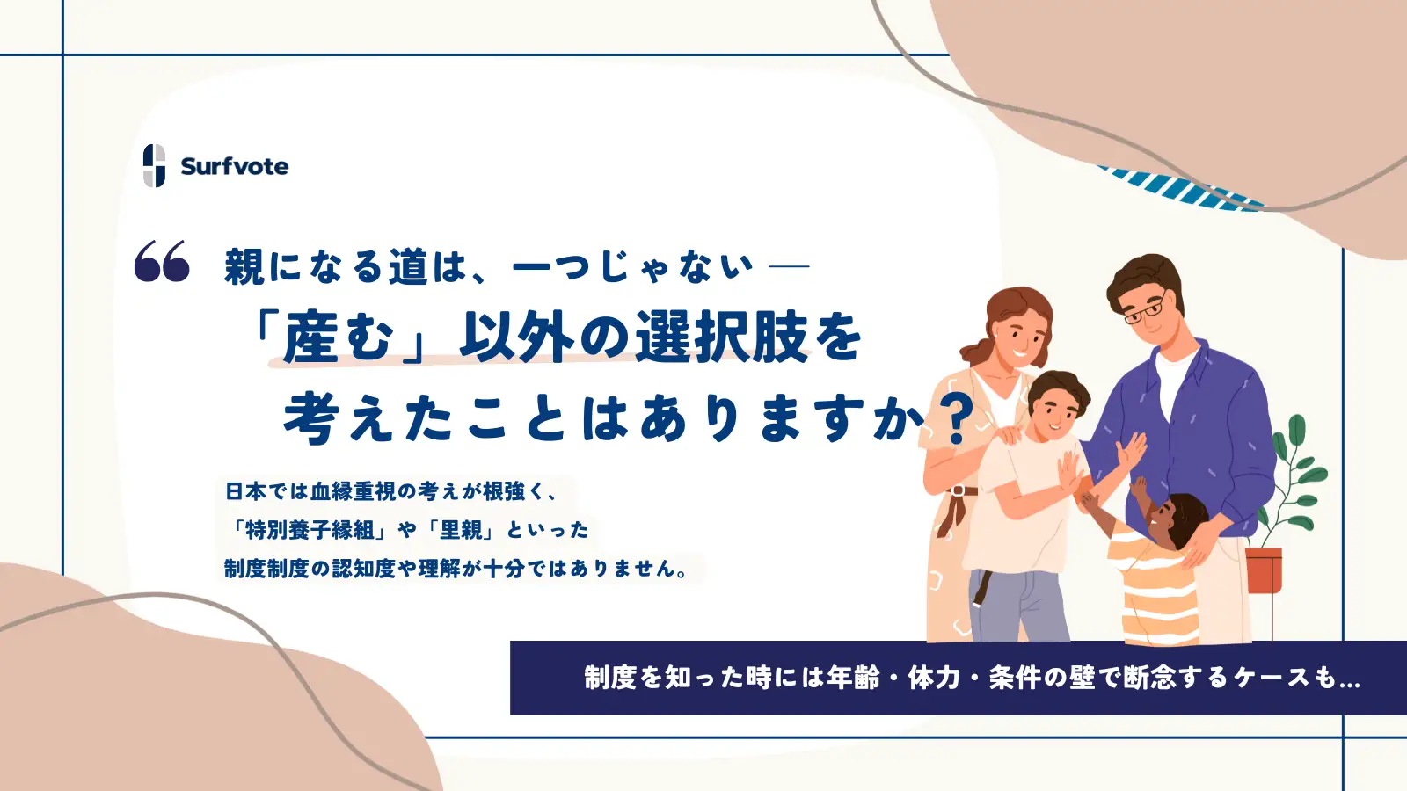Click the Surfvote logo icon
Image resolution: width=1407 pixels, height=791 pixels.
154,165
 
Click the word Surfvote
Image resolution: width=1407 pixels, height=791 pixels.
234,166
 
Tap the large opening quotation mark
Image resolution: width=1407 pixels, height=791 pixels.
162,261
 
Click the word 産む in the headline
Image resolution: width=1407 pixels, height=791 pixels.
338,338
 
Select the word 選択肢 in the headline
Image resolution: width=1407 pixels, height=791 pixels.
721,337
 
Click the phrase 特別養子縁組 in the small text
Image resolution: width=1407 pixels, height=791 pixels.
310,530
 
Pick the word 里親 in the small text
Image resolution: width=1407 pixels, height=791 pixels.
461,530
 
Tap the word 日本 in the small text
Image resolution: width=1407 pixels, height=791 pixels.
246,491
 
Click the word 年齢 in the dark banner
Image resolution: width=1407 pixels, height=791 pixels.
853,678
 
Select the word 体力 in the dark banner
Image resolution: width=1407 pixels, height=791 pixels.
934,678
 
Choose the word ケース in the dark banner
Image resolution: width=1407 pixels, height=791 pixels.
1272,678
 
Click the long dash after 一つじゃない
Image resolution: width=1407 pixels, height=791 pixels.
789,265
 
